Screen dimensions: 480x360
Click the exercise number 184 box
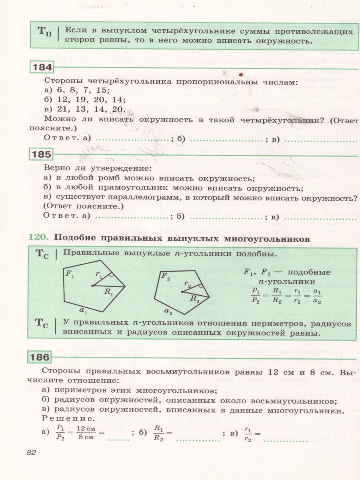coord(41,68)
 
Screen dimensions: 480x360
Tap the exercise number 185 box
coord(41,154)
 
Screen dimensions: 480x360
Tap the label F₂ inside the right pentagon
coord(166,276)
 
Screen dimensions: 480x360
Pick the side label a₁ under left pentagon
coord(83,309)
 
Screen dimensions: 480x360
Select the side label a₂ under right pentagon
coord(168,311)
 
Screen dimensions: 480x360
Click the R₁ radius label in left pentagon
coord(108,292)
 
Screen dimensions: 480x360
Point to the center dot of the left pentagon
coord(92,286)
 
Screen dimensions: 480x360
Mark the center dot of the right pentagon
coord(182,292)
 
